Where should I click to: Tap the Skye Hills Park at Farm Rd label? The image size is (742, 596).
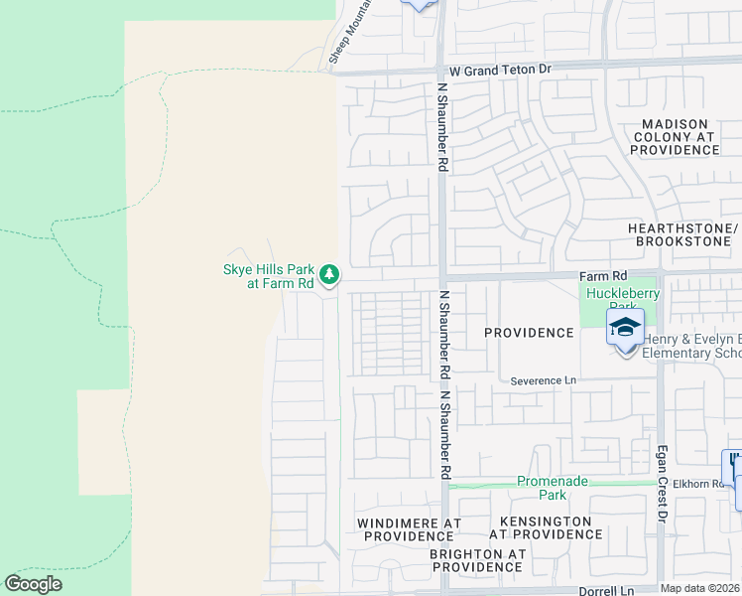click(267, 275)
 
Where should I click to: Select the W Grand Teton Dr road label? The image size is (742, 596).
click(499, 71)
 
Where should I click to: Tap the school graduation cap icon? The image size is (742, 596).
click(625, 328)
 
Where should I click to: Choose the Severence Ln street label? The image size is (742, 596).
click(543, 380)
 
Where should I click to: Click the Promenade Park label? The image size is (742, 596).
click(553, 488)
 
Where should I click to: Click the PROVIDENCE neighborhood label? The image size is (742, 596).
click(529, 333)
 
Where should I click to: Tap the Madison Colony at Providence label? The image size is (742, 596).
click(672, 136)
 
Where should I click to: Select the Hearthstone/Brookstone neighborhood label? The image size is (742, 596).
click(683, 234)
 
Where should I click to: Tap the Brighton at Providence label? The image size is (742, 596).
click(476, 560)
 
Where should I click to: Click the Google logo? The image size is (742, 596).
click(34, 584)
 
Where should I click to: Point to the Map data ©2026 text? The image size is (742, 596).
click(700, 588)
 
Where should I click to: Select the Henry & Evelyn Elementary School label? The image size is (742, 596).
click(690, 347)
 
